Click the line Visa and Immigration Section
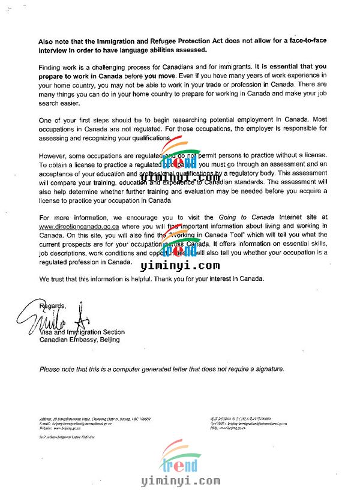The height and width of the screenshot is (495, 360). coord(82,332)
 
